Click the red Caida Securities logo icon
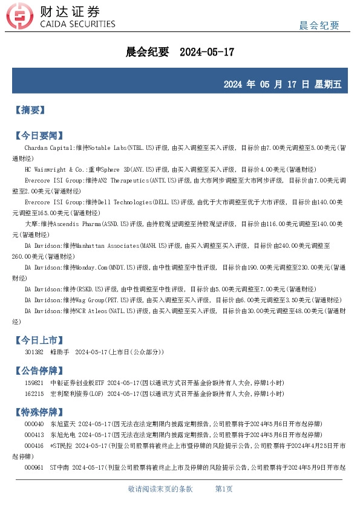click(x=24, y=18)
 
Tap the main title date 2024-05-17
click(x=207, y=53)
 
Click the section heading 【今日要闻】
click(x=38, y=135)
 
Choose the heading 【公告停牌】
click(x=38, y=371)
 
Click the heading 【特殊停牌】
click(x=38, y=412)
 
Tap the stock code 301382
click(x=34, y=352)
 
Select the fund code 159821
click(x=34, y=383)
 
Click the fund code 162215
click(x=34, y=393)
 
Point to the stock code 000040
click(x=34, y=424)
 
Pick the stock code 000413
click(x=34, y=435)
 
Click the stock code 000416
click(x=34, y=446)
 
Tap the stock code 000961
click(x=34, y=467)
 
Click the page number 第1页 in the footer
click(x=224, y=489)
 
